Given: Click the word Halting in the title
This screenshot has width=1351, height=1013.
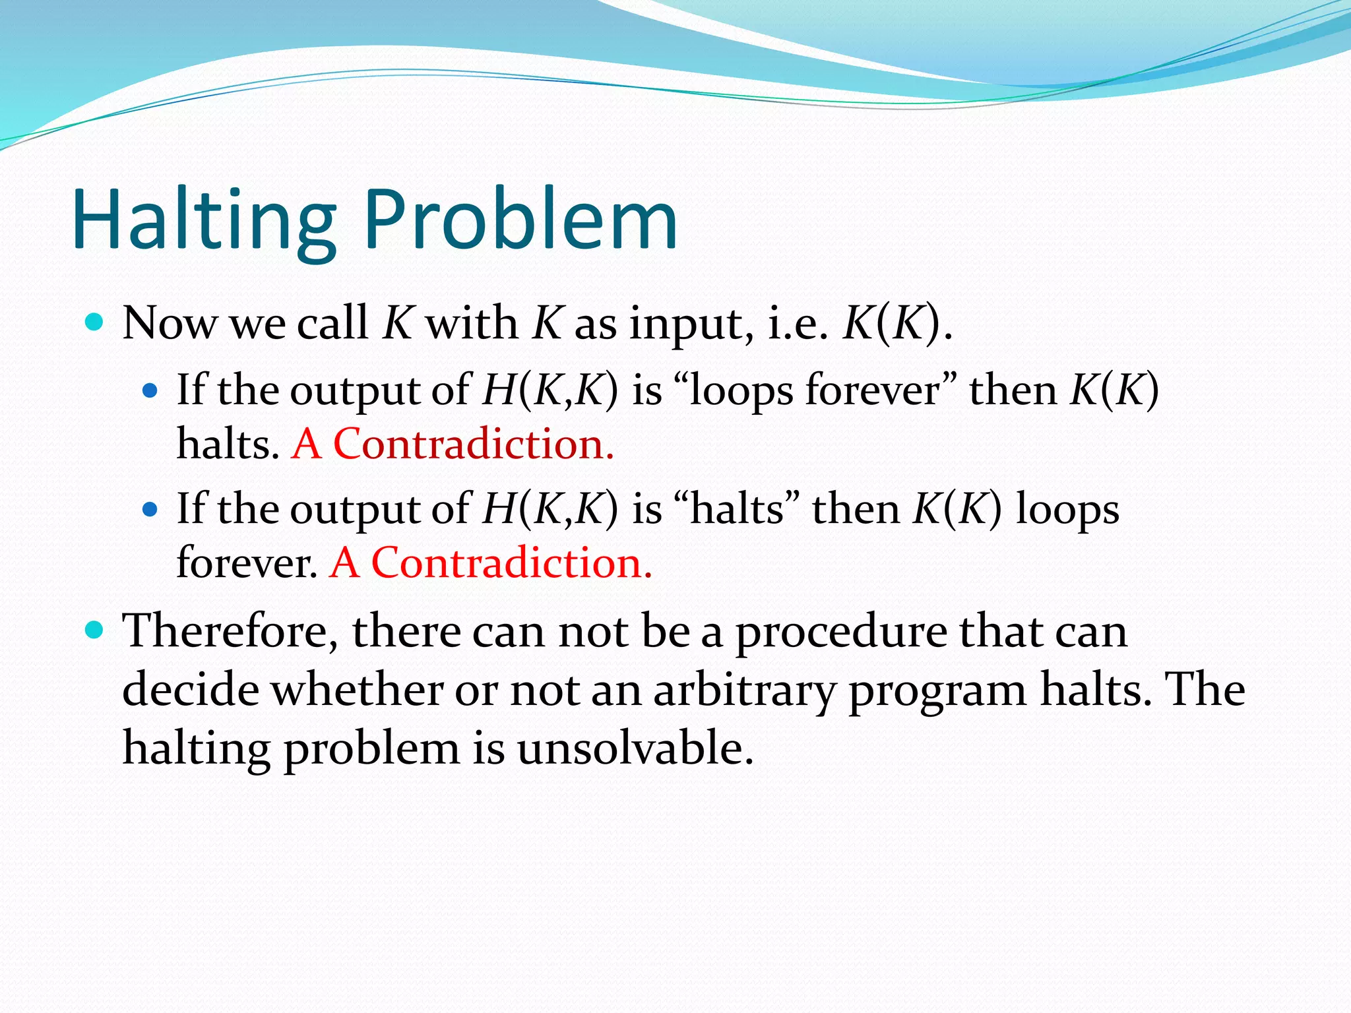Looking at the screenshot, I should [204, 221].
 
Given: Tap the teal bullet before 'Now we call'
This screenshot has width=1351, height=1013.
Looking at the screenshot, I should [95, 322].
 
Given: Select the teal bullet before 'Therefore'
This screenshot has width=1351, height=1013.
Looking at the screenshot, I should [95, 630].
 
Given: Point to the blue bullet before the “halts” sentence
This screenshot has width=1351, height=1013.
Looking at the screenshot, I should [150, 510].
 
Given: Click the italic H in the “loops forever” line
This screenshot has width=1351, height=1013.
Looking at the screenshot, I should [499, 390].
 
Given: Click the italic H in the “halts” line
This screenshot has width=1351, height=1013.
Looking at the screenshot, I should [499, 508].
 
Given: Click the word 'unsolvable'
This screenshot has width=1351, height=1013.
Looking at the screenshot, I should [635, 749].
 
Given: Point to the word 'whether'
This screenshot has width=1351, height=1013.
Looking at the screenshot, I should [358, 690].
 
